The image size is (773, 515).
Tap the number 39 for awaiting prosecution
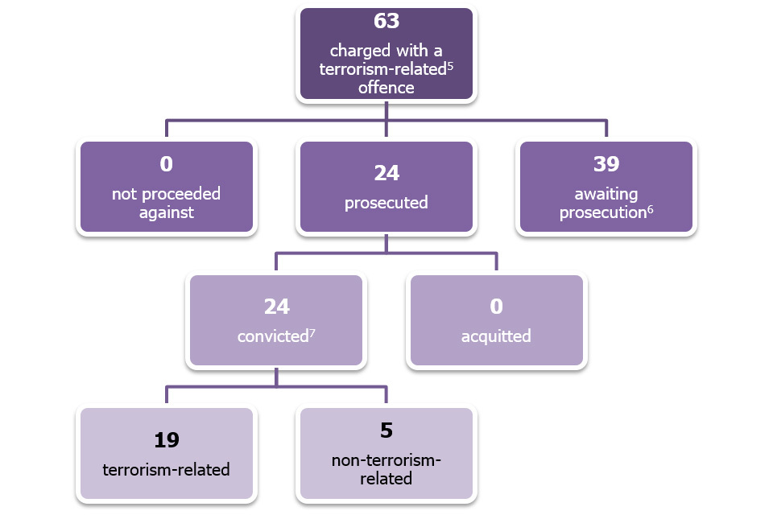pyautogui.click(x=606, y=164)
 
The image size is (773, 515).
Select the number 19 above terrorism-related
pyautogui.click(x=167, y=440)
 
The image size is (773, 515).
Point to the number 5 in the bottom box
pyautogui.click(x=386, y=431)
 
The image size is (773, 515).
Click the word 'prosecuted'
pyautogui.click(x=386, y=203)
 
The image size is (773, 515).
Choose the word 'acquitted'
pyautogui.click(x=496, y=336)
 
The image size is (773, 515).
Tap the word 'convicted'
pyautogui.click(x=271, y=336)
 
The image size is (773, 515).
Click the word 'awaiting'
pyautogui.click(x=606, y=194)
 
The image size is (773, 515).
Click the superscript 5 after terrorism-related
pyautogui.click(x=451, y=64)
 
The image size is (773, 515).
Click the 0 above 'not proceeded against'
pyautogui.click(x=167, y=164)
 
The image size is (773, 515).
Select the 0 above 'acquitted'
pyautogui.click(x=496, y=306)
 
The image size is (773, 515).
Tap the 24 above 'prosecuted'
pyautogui.click(x=386, y=173)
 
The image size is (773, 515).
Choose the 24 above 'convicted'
pyautogui.click(x=276, y=307)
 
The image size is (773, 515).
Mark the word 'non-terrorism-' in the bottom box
pyautogui.click(x=386, y=460)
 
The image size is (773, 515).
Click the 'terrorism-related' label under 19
pyautogui.click(x=167, y=469)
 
